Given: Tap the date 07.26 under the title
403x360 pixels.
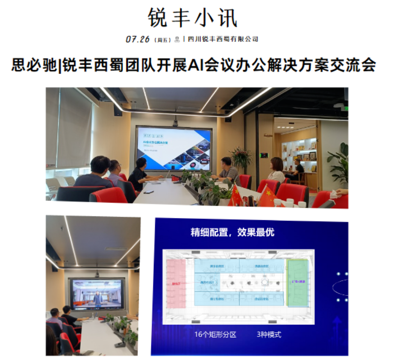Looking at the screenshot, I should (x=138, y=39).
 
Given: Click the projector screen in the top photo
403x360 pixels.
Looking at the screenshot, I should (x=174, y=148).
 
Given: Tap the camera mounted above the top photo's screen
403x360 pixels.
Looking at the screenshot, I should (x=175, y=123).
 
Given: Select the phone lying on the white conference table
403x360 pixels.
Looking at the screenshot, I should (x=149, y=192).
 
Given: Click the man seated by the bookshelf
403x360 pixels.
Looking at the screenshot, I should (x=297, y=168).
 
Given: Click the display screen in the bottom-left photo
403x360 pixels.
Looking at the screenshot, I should (x=97, y=293).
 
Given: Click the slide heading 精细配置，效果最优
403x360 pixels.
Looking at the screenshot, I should (x=232, y=233).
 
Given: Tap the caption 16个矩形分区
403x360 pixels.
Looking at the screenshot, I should (x=215, y=334).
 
